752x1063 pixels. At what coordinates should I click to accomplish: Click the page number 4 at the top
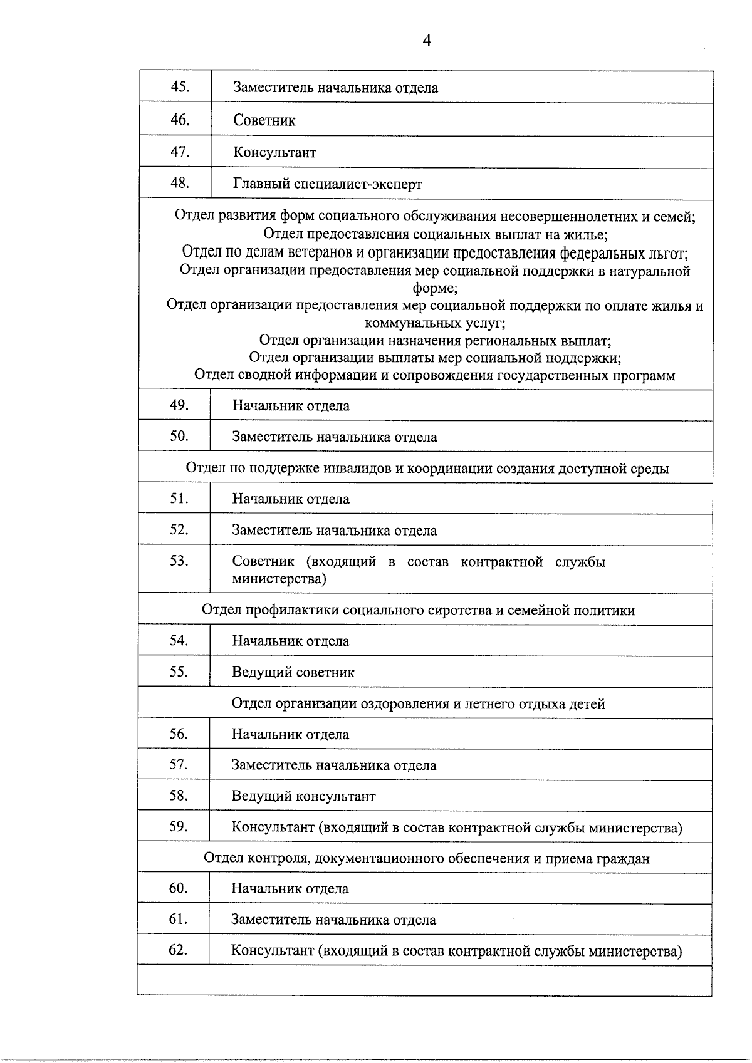pos(427,41)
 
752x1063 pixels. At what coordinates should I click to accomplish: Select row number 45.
pos(180,87)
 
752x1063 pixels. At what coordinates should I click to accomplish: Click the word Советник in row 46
pos(264,120)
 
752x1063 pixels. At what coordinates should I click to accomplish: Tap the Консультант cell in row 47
pos(274,152)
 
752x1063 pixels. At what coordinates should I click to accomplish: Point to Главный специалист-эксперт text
pos(327,184)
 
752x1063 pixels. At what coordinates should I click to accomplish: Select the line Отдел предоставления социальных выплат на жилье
pos(434,234)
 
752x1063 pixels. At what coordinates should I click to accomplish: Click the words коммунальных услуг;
pos(435,323)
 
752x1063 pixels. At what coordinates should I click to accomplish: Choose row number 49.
pos(179,405)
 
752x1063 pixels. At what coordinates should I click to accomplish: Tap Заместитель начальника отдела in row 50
pos(334,437)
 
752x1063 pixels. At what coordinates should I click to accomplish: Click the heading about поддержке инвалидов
pos(427,468)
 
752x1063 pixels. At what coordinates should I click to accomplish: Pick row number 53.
pos(179,561)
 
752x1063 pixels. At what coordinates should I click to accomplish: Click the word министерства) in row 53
pos(279,578)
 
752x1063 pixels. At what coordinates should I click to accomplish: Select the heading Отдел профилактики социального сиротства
pos(418,609)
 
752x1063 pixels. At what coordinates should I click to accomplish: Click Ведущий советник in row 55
pos(293,672)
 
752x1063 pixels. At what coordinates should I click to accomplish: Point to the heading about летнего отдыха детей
pos(418,703)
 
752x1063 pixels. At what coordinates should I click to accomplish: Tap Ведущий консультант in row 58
pos(303,796)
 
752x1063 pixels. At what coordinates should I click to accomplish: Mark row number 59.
pos(179,826)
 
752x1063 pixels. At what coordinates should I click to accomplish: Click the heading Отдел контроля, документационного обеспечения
pos(426,858)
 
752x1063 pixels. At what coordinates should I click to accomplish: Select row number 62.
pos(178,950)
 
